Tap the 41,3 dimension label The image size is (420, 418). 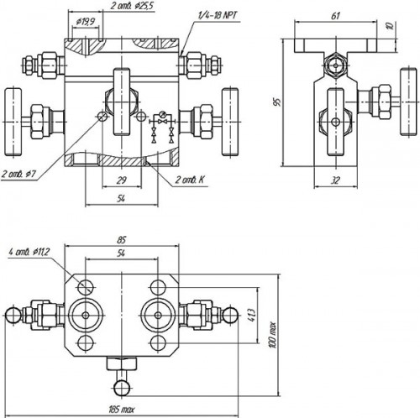pos(252,312)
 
